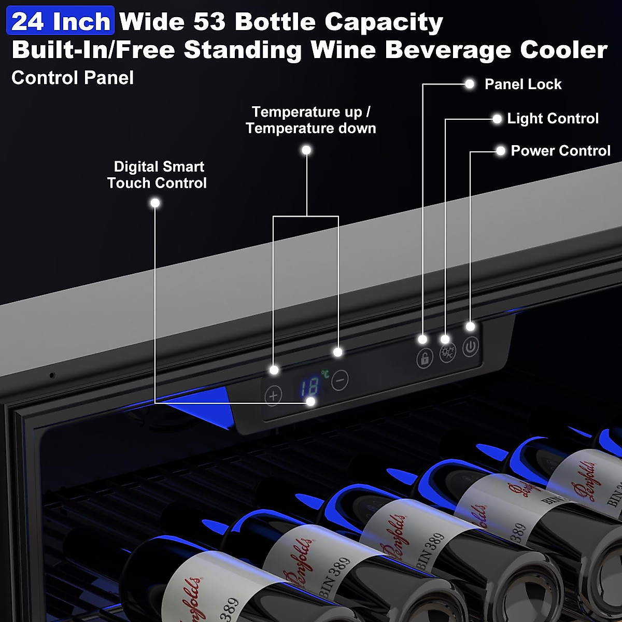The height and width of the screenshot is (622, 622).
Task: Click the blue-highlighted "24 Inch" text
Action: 61,21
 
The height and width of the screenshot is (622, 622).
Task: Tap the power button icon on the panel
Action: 470,347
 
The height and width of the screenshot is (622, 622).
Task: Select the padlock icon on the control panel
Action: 425,358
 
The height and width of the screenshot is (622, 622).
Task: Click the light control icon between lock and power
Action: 447,353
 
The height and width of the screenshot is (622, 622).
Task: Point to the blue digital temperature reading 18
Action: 309,387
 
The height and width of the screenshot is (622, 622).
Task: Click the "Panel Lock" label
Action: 522,84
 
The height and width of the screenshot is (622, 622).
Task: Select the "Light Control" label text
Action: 553,119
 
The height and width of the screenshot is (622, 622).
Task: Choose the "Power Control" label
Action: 560,151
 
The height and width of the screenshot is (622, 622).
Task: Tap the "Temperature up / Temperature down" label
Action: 310,120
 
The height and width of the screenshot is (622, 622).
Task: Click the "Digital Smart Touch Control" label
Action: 157,175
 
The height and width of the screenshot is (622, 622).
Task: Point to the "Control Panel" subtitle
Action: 73,78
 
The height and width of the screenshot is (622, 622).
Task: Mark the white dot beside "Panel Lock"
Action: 470,84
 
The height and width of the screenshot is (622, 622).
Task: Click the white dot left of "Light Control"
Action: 497,119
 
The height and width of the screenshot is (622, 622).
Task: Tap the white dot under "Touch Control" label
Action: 155,203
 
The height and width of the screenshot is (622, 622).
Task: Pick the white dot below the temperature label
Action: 306,150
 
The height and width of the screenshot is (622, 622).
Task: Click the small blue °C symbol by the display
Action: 325,373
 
